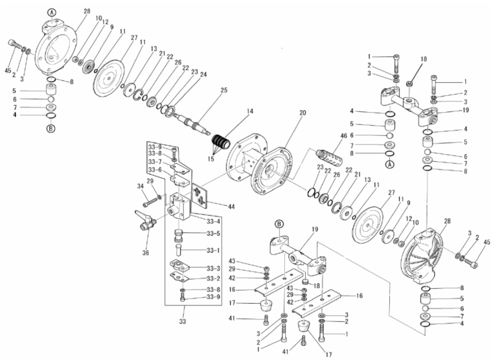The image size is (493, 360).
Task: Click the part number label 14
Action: point(250,111)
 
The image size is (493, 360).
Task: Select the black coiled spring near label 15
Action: point(222,142)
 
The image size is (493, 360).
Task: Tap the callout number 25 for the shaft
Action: point(224,90)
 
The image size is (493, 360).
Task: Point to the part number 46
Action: point(343,136)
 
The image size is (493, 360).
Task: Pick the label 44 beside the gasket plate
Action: point(231,207)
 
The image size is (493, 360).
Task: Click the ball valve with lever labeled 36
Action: point(146,221)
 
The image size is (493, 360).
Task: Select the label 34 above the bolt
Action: point(140,186)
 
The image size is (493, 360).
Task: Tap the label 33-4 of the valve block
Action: point(213,221)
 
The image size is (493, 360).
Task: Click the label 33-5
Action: point(213,233)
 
